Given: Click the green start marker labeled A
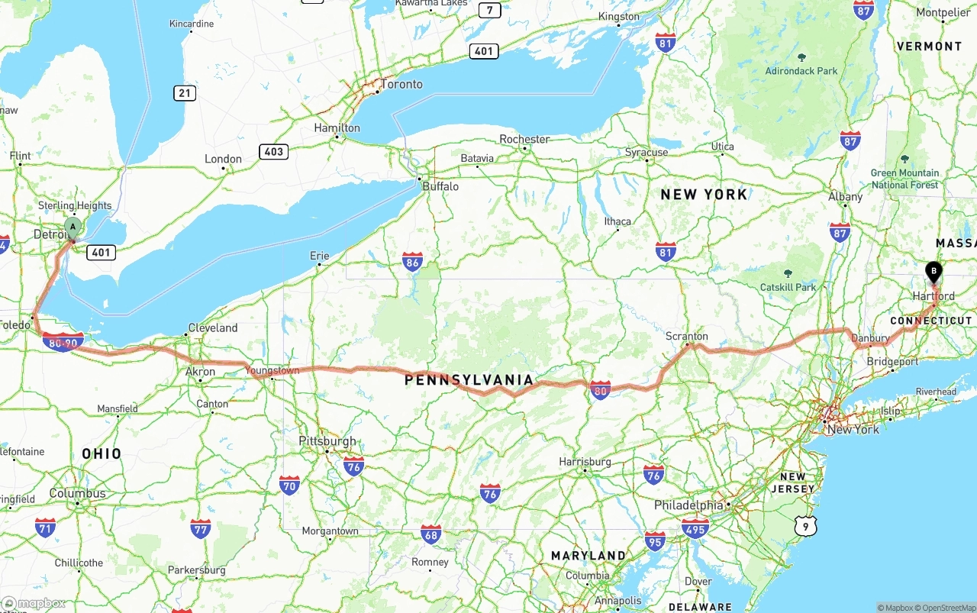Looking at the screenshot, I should click(73, 227).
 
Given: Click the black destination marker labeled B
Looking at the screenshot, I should click(933, 271).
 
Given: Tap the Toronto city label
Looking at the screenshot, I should click(401, 84).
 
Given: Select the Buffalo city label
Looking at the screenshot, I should click(440, 186).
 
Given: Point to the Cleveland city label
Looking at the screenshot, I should click(213, 327).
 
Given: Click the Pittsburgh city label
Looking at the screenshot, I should click(327, 441).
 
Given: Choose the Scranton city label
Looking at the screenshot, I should click(686, 336).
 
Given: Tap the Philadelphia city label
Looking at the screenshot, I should click(688, 505).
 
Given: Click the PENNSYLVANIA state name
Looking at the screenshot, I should click(469, 379).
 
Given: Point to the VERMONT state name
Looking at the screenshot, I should click(929, 46).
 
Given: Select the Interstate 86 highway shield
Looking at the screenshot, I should click(413, 262).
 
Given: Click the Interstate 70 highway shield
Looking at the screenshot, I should click(289, 484).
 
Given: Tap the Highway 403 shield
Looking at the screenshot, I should click(273, 151).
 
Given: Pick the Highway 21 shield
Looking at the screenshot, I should click(184, 93).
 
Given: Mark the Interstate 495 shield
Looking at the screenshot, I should click(695, 528).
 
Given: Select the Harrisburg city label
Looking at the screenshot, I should click(585, 462).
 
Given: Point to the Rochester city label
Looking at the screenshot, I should click(524, 139).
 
